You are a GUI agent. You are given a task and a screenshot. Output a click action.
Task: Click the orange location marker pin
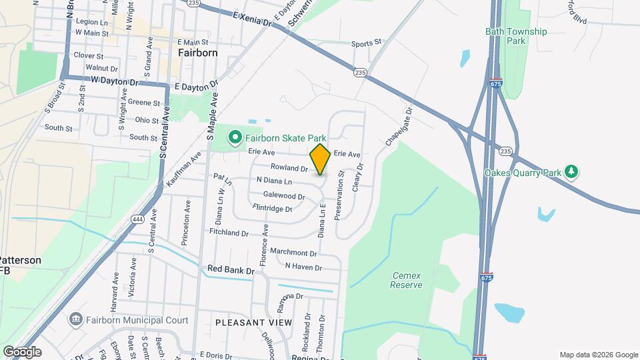320,159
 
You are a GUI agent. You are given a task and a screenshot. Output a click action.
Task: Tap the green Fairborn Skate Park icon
235,138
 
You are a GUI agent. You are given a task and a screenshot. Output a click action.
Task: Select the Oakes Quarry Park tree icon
571,172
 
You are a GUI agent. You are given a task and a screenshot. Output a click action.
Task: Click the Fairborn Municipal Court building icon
75,320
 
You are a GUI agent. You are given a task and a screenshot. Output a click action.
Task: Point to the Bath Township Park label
516,36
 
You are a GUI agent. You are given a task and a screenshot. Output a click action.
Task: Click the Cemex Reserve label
407,280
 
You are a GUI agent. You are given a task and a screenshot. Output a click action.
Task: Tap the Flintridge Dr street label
273,209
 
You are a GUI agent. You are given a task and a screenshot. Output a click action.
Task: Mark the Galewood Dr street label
284,196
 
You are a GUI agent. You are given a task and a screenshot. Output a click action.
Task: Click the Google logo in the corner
23,351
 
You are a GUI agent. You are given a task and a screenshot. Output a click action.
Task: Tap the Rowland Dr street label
289,168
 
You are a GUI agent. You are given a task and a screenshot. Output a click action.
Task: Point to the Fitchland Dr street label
228,233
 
